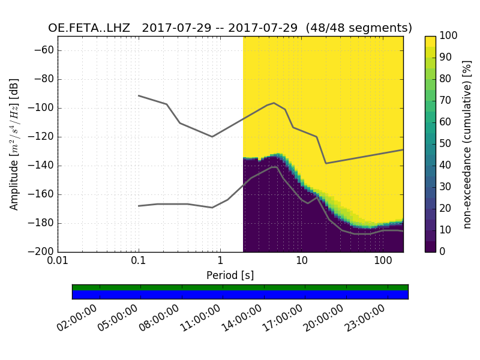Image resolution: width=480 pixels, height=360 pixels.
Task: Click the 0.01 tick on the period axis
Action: [58, 262]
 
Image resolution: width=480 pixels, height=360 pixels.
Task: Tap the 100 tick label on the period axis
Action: [383, 262]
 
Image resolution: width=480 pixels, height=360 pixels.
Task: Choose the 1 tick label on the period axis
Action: [220, 262]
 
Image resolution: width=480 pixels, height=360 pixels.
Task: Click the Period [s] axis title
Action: [230, 275]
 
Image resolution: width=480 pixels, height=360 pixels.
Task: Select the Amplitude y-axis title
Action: [14, 144]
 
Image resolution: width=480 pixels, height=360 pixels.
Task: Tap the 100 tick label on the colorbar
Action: [448, 36]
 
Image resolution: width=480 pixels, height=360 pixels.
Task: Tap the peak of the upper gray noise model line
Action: [274, 103]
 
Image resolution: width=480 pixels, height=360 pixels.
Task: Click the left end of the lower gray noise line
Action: [139, 206]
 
